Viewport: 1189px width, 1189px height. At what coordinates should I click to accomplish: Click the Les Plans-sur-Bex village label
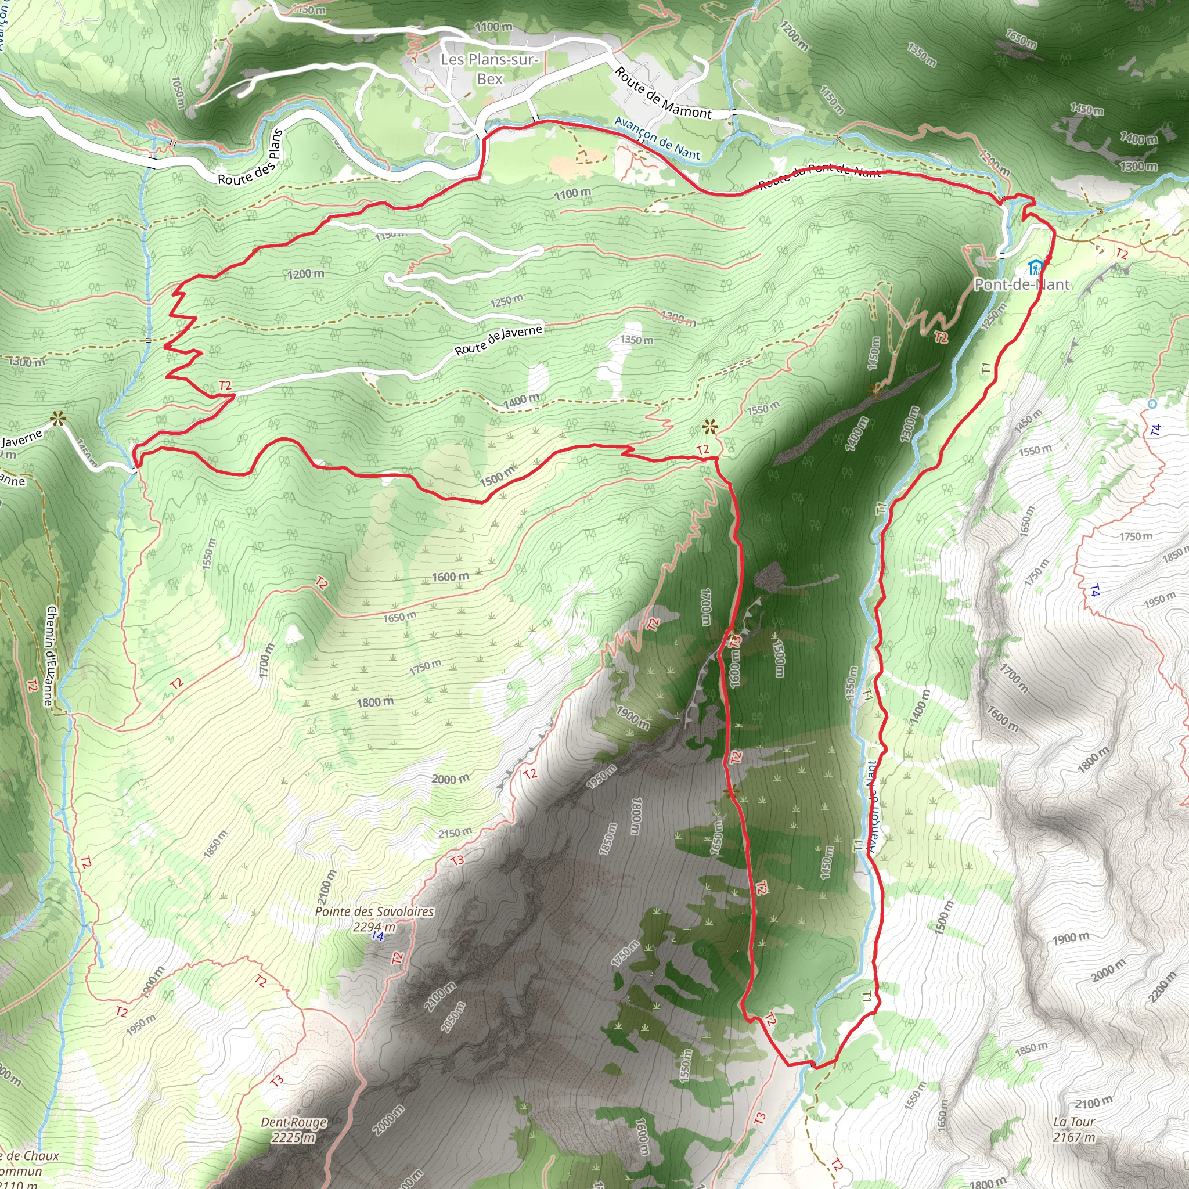pos(489,69)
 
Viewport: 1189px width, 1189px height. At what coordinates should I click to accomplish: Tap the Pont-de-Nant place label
pos(1022,284)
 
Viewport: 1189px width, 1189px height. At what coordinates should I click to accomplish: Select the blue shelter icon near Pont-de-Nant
pos(1035,268)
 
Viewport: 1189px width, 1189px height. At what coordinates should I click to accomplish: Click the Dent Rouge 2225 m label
pos(294,1129)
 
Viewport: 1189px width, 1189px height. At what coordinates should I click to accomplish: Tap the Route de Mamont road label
pos(663,93)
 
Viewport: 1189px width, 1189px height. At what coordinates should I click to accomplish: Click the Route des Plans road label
pos(250,158)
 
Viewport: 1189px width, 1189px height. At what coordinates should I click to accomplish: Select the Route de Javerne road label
pos(499,340)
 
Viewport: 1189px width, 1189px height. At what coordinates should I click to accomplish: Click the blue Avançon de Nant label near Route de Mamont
pos(657,139)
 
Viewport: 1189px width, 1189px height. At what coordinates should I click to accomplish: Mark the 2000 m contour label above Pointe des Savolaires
pos(450,780)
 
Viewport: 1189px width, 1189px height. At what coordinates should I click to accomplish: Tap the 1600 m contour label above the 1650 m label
pos(450,577)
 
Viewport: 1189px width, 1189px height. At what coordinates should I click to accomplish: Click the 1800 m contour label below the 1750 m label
pos(375,701)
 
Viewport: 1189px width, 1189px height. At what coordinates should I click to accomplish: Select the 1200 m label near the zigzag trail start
pos(306,274)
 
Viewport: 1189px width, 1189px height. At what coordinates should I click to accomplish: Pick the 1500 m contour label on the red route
pos(498,475)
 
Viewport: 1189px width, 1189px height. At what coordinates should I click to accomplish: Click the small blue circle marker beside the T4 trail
pos(1152,404)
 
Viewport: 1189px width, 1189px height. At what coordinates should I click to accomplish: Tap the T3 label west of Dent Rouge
pos(277,1080)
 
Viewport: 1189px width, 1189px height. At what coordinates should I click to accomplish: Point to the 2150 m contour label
pos(455,833)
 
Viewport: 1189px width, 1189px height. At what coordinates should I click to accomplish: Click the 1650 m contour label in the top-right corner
pos(1021,38)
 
